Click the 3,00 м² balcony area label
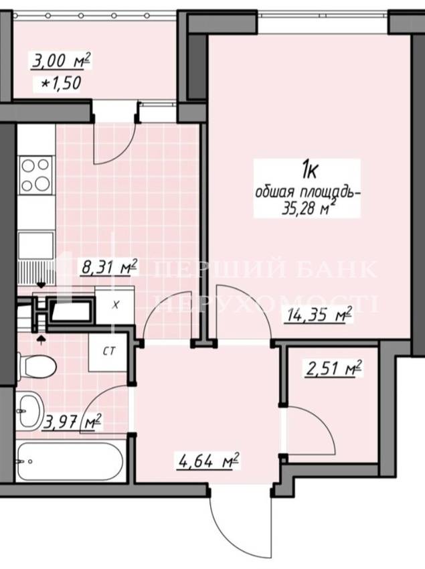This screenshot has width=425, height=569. coord(61,61)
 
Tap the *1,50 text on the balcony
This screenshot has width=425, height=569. coord(62,84)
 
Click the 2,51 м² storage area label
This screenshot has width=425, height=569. coord(333,368)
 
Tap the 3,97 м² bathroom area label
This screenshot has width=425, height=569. coord(72,423)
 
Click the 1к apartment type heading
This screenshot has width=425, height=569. coord(309,170)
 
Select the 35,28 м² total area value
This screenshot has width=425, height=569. coord(308,208)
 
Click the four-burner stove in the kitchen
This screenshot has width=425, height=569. coord(35,175)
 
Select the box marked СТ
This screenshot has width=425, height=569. coord(108,351)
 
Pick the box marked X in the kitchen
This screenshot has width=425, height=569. coord(115,305)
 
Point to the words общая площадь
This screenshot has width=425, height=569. coord(308,192)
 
